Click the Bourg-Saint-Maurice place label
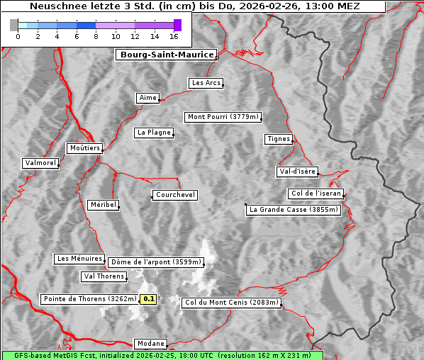167,55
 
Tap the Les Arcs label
206,83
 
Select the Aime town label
147,98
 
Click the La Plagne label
154,133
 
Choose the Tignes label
279,139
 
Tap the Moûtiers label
84,148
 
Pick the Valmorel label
40,163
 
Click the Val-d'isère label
297,171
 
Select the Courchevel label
174,195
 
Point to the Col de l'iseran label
316,193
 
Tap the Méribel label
103,205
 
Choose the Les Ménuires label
79,259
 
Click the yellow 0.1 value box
148,299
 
